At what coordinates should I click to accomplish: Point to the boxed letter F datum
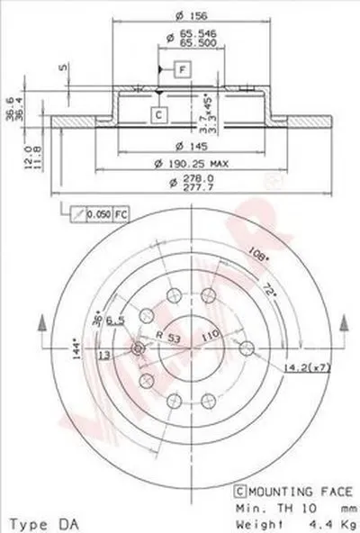pos(181,70)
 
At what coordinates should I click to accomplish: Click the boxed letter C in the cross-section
pos(157,113)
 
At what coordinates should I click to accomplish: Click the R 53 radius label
pos(167,335)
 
